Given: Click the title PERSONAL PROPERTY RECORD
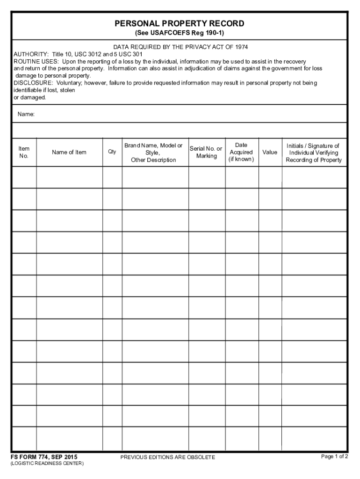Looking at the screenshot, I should [x=180, y=23].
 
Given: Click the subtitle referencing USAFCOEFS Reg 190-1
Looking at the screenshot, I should [x=180, y=33].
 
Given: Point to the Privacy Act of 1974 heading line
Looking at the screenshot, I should [x=180, y=47].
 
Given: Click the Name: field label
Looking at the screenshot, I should [x=26, y=114].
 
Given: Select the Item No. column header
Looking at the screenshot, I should [x=24, y=152].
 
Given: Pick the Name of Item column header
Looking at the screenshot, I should [x=69, y=152].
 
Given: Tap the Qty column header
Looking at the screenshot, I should [x=112, y=152].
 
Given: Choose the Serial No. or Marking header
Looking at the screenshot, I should [x=206, y=152].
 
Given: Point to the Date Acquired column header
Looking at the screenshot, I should [x=241, y=152].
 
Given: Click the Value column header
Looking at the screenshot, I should [x=270, y=152].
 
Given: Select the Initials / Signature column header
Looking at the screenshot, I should [x=314, y=152].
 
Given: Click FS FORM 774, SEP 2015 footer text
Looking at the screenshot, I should [x=44, y=457].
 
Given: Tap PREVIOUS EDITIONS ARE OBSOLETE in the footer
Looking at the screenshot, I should [x=168, y=457].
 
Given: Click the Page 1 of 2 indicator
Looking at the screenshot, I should [x=334, y=457].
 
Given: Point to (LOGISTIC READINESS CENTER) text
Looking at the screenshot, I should [x=47, y=464].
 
